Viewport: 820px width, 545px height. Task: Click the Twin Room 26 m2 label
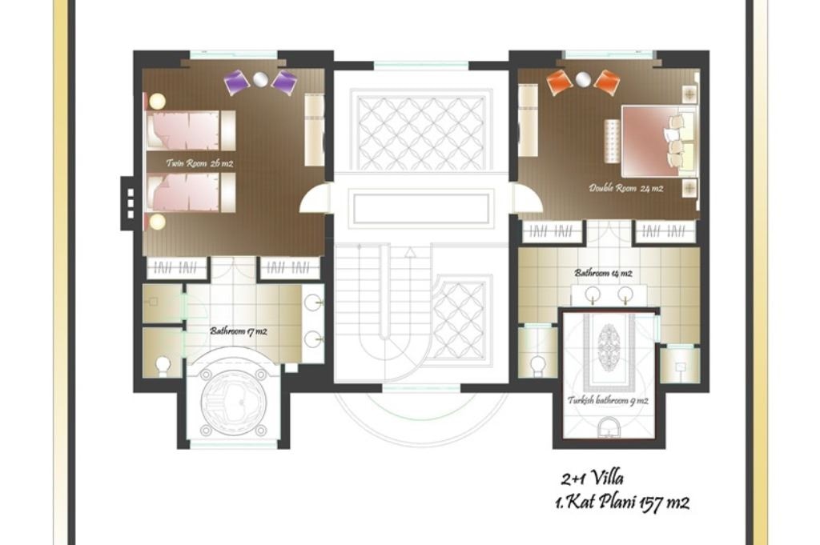pyautogui.click(x=199, y=163)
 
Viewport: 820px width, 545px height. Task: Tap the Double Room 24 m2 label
pyautogui.click(x=626, y=189)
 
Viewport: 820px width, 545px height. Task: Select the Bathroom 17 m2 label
pyautogui.click(x=238, y=331)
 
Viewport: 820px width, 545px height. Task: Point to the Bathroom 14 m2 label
pyautogui.click(x=602, y=273)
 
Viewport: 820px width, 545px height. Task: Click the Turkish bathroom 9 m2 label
pyautogui.click(x=608, y=400)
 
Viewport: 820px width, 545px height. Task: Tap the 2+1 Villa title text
pyautogui.click(x=592, y=479)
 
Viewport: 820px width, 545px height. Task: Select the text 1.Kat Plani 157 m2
pyautogui.click(x=621, y=503)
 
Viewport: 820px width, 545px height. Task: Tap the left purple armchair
pyautogui.click(x=236, y=82)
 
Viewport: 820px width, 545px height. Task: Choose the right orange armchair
pyautogui.click(x=607, y=82)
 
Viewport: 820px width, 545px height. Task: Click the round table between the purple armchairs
pyautogui.click(x=260, y=78)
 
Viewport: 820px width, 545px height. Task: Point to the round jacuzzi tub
pyautogui.click(x=232, y=397)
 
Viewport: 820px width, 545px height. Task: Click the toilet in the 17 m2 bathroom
pyautogui.click(x=163, y=364)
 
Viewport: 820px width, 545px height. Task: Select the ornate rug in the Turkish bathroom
pyautogui.click(x=610, y=347)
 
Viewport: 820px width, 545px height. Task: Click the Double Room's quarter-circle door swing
pyautogui.click(x=526, y=198)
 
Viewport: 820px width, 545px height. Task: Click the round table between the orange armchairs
pyautogui.click(x=583, y=78)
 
